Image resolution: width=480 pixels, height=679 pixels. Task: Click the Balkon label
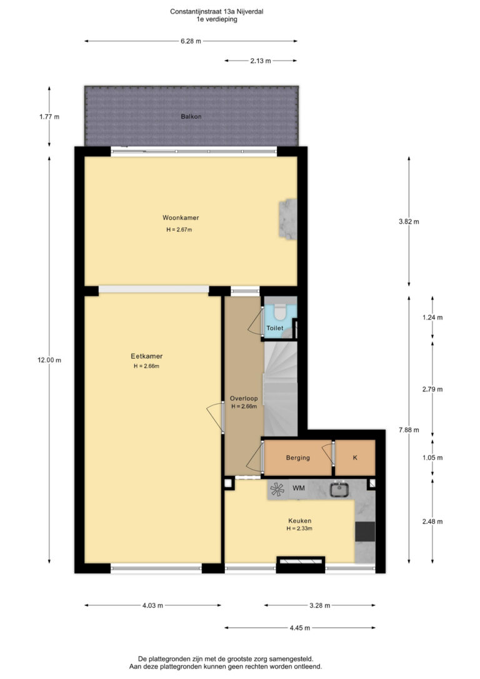pyautogui.click(x=191, y=116)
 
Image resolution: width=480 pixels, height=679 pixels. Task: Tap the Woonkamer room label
pyautogui.click(x=181, y=218)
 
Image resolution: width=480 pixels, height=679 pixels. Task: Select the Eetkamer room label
pyautogui.click(x=147, y=356)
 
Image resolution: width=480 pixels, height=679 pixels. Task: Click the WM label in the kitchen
pyautogui.click(x=299, y=488)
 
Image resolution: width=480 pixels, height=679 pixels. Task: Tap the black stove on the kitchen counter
pyautogui.click(x=365, y=532)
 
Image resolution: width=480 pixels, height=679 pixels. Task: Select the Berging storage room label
pyautogui.click(x=297, y=458)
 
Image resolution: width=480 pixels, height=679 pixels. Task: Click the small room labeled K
pyautogui.click(x=355, y=458)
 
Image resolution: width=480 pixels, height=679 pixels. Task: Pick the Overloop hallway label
pyautogui.click(x=244, y=398)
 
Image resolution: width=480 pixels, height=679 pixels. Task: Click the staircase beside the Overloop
pyautogui.click(x=281, y=388)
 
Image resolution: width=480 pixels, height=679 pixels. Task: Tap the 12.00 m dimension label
pyautogui.click(x=49, y=360)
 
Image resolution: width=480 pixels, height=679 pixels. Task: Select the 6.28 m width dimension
pyautogui.click(x=191, y=41)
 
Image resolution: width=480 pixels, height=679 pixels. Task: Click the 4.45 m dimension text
pyautogui.click(x=300, y=628)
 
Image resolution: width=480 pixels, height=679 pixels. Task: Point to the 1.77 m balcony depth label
pyautogui.click(x=49, y=116)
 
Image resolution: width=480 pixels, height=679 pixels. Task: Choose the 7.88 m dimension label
pyautogui.click(x=409, y=430)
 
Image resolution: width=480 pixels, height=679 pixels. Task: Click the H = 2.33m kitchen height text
pyautogui.click(x=299, y=528)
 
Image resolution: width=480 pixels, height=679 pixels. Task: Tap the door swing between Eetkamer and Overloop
pyautogui.click(x=214, y=418)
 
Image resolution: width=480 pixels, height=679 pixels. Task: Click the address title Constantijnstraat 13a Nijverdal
pyautogui.click(x=216, y=12)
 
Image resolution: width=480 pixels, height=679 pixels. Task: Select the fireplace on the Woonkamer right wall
pyautogui.click(x=288, y=219)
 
